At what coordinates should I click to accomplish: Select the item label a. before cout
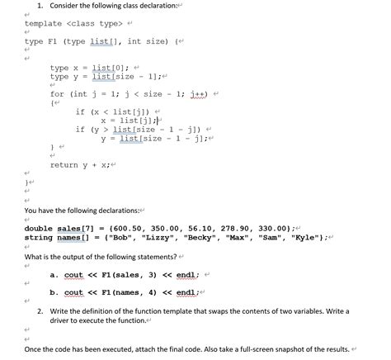point(54,275)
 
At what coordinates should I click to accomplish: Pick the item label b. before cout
point(54,291)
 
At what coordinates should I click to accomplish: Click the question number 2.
point(40,311)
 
